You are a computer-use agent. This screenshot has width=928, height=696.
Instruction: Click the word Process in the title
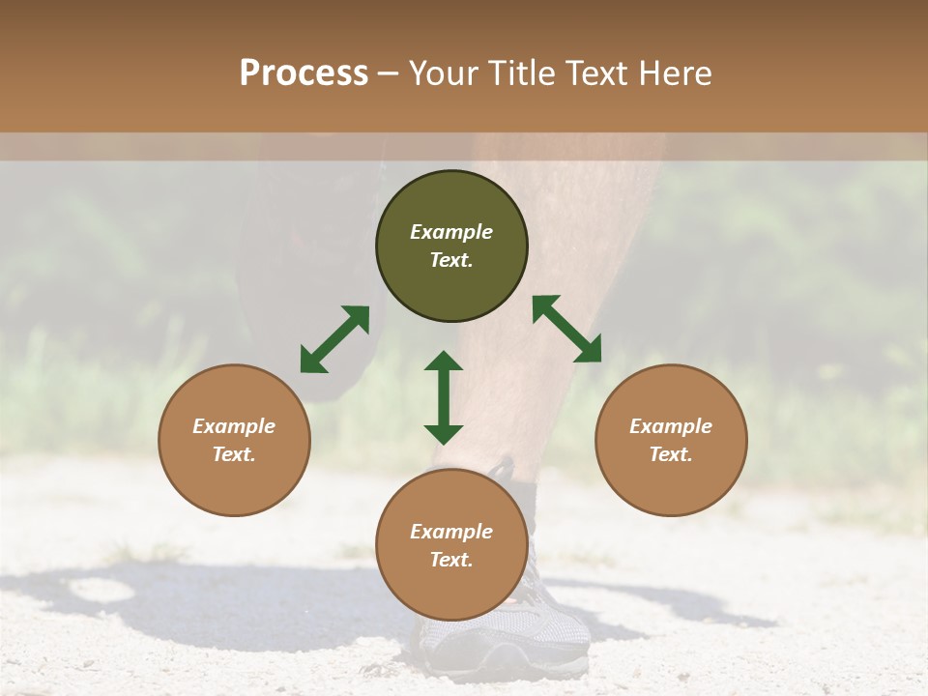click(x=304, y=73)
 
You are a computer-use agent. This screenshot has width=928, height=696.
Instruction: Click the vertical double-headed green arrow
click(x=444, y=397)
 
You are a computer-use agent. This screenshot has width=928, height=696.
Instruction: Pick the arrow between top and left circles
click(x=334, y=339)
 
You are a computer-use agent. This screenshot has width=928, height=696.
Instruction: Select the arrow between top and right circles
click(x=567, y=329)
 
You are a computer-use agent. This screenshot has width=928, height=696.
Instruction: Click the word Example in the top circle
click(x=451, y=232)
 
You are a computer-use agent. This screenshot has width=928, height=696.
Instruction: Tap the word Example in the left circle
click(x=234, y=426)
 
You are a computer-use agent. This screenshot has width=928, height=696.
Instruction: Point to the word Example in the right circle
click(x=671, y=426)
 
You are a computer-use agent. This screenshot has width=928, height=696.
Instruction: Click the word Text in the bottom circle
click(x=451, y=560)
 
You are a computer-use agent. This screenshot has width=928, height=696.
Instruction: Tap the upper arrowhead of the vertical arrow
click(x=444, y=363)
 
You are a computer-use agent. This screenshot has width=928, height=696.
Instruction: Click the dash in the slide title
click(x=389, y=74)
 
